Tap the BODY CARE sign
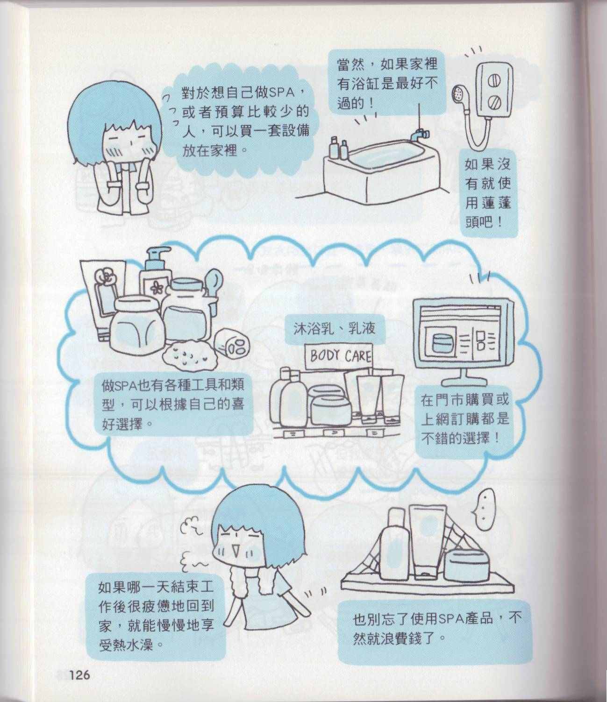[339, 356]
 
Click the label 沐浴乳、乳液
[334, 329]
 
